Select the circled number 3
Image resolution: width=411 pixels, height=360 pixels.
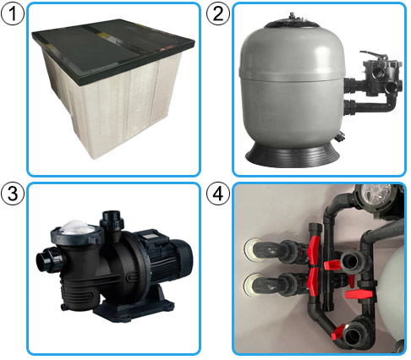click(13, 194)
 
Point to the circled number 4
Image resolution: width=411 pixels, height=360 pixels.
click(218, 194)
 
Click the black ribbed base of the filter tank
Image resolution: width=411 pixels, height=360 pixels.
click(293, 155)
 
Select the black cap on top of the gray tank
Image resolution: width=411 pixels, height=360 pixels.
click(292, 22)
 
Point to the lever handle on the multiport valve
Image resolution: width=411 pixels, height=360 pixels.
click(371, 55)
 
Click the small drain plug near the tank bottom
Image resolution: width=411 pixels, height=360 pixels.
click(341, 137)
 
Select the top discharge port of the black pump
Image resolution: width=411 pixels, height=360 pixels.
click(112, 219)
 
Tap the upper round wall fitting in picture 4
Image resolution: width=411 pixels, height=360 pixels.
click(252, 250)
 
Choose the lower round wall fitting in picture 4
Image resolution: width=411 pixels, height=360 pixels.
click(252, 285)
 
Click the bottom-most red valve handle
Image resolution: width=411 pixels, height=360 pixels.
click(338, 332)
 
